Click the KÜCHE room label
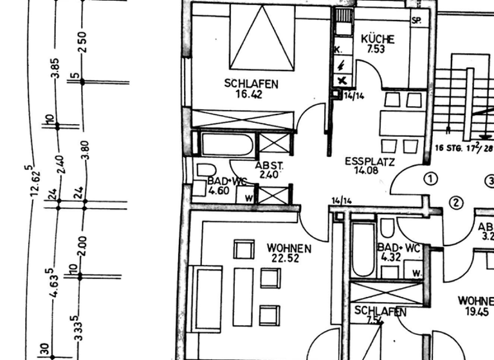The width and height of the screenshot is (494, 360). click(378, 38)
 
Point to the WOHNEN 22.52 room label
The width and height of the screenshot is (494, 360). click(289, 248)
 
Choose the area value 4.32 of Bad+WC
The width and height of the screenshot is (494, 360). click(390, 257)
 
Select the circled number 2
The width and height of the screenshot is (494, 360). click(456, 203)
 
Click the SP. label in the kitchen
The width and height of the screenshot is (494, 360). click(417, 21)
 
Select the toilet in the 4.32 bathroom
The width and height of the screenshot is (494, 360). click(387, 228)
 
